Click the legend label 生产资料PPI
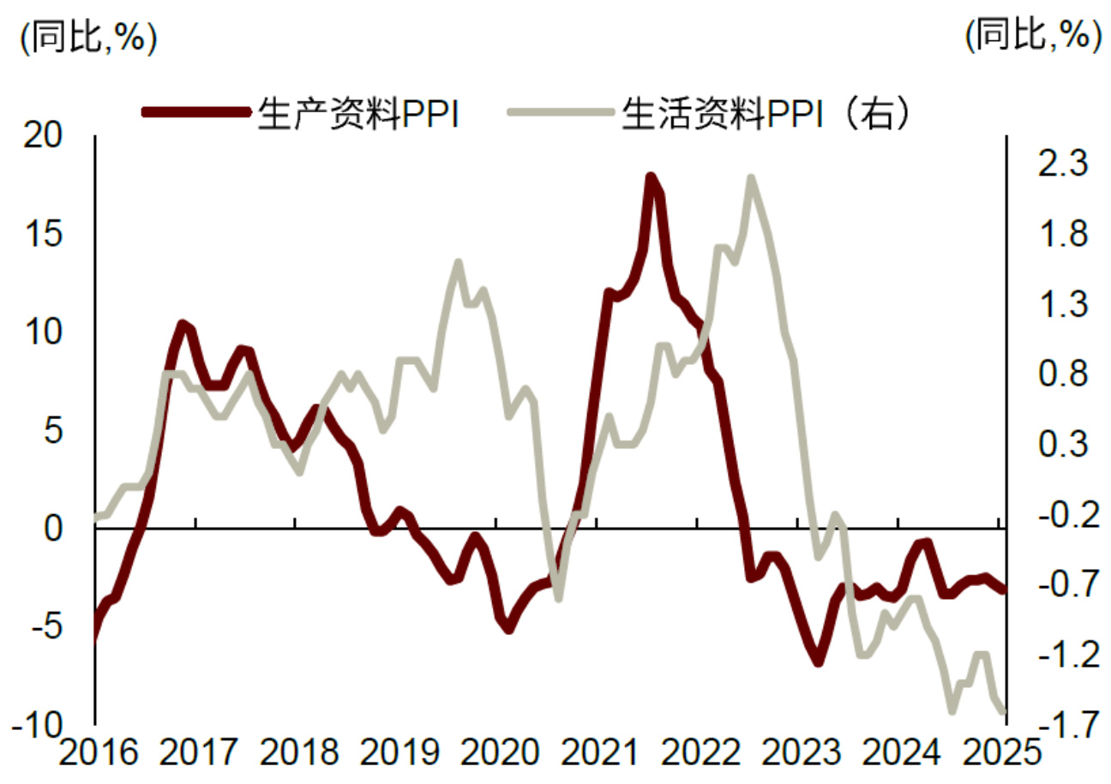point(357,114)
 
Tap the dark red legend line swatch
point(197,112)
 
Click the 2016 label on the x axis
point(97,754)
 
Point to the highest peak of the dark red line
point(651,177)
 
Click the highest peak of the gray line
point(751,178)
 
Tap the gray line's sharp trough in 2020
point(558,597)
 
